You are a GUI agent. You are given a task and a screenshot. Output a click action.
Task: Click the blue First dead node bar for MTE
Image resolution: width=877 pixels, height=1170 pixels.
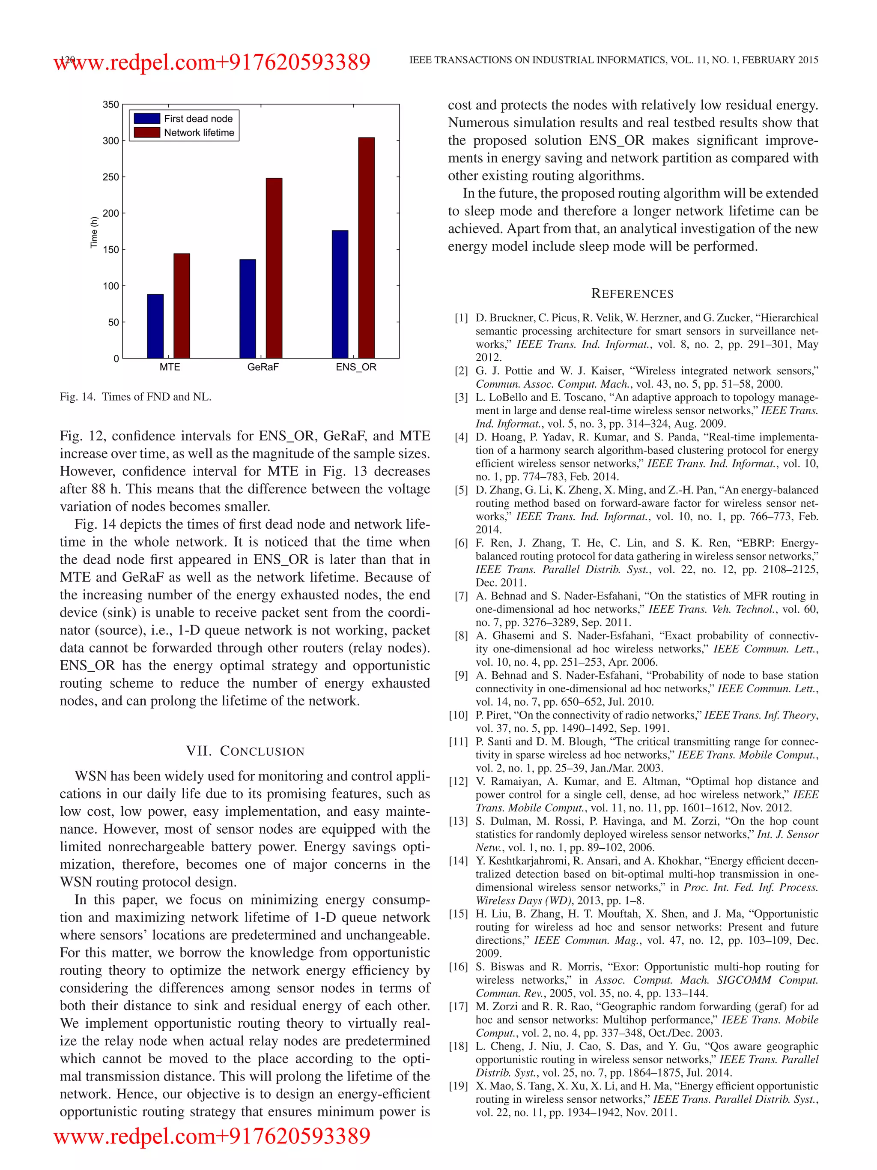(155, 326)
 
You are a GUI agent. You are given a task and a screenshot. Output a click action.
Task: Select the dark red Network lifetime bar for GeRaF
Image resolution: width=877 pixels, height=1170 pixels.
(274, 268)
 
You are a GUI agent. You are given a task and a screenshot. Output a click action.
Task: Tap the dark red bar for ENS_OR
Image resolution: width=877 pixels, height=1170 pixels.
(366, 248)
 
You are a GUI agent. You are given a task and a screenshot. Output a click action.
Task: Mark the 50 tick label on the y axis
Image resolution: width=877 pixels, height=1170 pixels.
(113, 322)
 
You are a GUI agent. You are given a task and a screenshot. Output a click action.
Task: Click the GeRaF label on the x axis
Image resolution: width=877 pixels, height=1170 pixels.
(263, 367)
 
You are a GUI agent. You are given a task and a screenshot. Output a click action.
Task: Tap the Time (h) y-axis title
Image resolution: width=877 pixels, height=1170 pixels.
(94, 232)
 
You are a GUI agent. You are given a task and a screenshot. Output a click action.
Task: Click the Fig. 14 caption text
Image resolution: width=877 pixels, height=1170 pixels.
(135, 397)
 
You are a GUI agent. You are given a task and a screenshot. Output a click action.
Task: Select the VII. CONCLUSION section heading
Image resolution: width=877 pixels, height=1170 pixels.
(245, 751)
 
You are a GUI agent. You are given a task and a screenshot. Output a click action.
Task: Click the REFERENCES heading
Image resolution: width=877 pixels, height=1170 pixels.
(632, 293)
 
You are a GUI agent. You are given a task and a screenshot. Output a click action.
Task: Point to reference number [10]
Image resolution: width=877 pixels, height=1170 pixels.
(458, 715)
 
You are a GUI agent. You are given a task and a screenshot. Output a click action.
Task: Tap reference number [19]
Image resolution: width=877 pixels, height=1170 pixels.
(458, 1086)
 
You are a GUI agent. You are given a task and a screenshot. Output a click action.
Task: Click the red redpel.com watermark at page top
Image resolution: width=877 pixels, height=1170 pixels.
(212, 63)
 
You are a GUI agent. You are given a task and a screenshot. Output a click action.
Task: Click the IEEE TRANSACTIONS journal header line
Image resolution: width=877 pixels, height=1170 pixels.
(613, 60)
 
